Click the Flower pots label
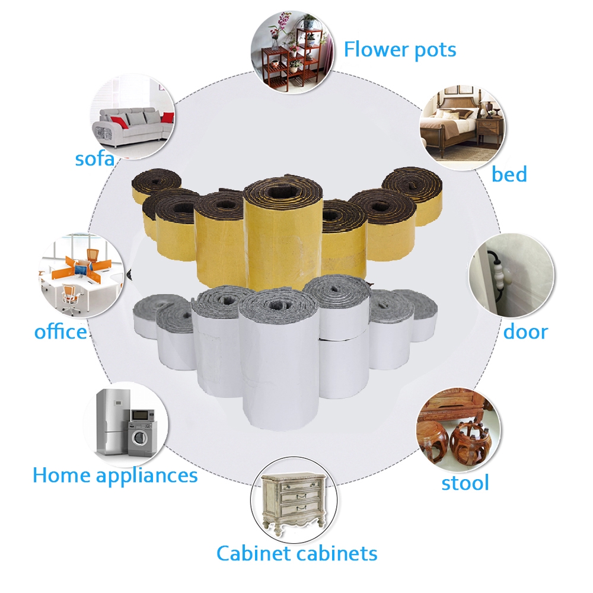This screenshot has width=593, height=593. [400, 50]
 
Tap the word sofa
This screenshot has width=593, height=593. [94, 158]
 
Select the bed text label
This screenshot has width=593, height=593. [509, 174]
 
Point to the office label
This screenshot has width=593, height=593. [60, 331]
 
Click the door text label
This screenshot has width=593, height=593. [525, 331]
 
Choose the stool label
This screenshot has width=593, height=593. [465, 483]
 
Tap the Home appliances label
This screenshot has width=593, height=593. [115, 476]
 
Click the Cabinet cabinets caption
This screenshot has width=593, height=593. [296, 553]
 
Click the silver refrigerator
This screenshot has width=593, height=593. [112, 421]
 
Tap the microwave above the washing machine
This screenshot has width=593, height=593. [142, 415]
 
